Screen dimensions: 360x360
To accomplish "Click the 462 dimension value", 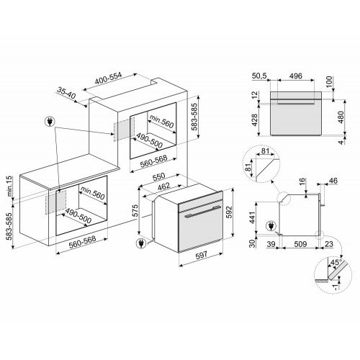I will coord(164,186).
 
